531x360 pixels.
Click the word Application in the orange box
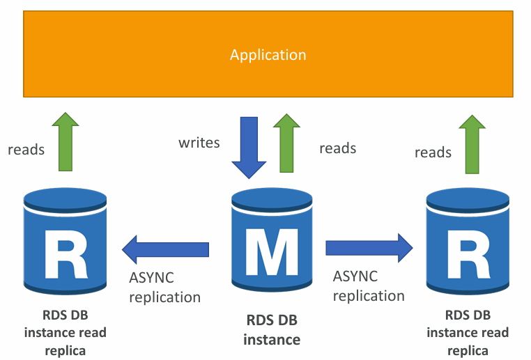[x=268, y=54]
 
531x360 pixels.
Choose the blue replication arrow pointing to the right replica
[x=369, y=246]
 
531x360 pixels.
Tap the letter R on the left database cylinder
[x=66, y=253]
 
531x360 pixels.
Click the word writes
[x=199, y=143]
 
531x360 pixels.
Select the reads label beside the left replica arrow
[x=26, y=149]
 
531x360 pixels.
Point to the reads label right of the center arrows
[x=337, y=148]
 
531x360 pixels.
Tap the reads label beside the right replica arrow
[x=433, y=152]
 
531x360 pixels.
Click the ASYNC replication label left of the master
[x=164, y=287]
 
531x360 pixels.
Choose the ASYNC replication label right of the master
[x=368, y=285]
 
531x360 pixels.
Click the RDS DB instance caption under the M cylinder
[x=273, y=330]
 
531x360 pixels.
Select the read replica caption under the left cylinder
[x=65, y=332]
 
